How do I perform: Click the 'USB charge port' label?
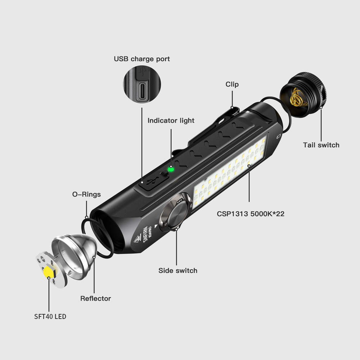pos(142,59)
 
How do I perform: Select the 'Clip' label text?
pos(232,84)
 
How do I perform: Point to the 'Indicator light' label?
pos(171,121)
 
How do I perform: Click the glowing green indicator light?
pos(171,169)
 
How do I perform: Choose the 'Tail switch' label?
pos(321,145)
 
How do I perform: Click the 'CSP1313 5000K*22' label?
pos(251,213)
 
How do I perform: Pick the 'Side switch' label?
pos(178,270)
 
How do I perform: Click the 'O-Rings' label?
pos(86,194)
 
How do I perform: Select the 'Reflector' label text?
pos(95,298)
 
